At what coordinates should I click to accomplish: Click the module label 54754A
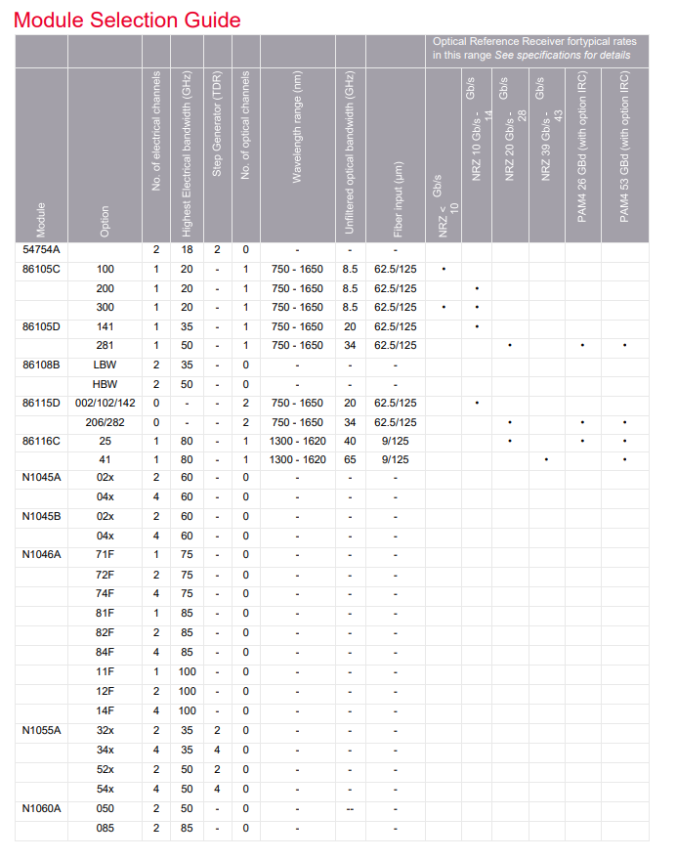pos(41,250)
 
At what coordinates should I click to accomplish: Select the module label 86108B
pos(41,365)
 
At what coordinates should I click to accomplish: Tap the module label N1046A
pos(42,554)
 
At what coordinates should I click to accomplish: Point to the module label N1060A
pos(42,808)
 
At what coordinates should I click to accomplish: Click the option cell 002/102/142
pos(106,403)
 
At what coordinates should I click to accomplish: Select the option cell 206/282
pos(106,422)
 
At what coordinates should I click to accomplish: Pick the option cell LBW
pos(106,365)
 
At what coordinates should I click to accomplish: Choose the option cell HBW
pos(106,384)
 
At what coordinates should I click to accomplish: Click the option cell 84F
pos(106,652)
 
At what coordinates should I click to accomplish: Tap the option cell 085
pos(106,828)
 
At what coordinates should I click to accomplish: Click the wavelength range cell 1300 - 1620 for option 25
pos(297,442)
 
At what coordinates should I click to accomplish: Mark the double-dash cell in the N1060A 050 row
pos(350,808)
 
